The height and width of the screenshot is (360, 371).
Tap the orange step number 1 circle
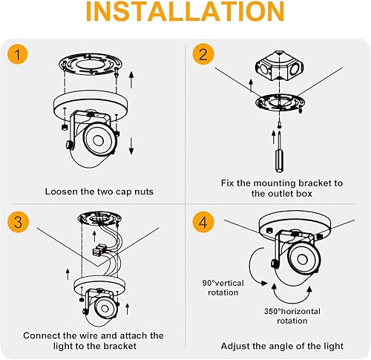(19, 55)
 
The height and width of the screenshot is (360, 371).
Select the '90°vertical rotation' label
(221, 287)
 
